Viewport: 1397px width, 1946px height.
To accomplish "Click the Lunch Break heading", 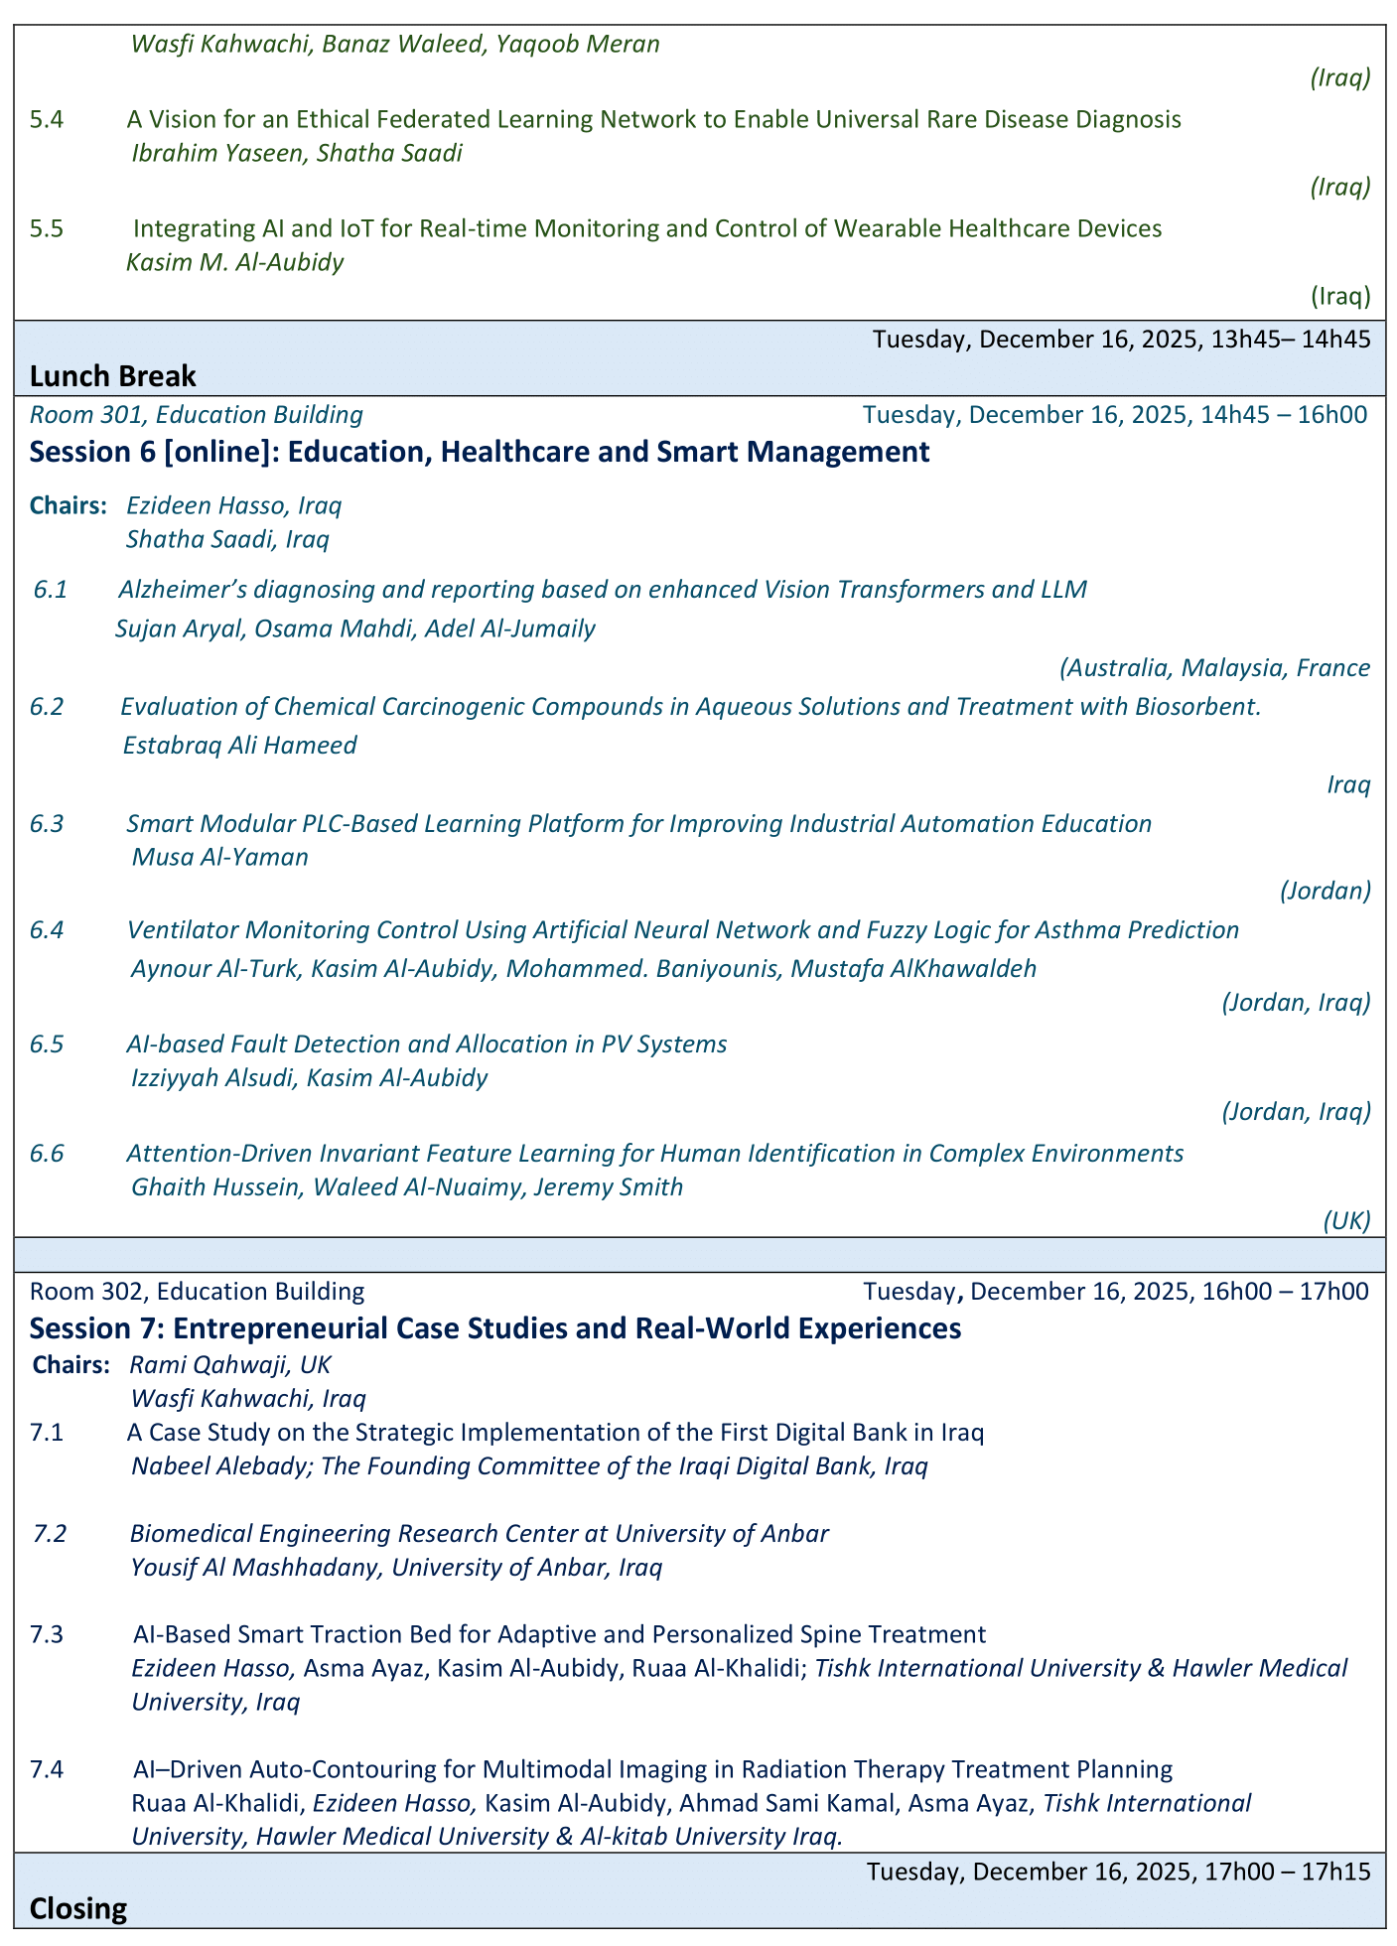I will (112, 376).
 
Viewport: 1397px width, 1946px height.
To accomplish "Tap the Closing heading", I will (78, 1908).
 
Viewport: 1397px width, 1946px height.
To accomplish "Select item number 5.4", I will (47, 120).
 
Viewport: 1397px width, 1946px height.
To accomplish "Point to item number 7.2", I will (50, 1533).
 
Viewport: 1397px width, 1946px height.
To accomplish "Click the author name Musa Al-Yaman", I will (219, 857).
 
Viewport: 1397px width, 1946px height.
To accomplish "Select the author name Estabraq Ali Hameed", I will (239, 745).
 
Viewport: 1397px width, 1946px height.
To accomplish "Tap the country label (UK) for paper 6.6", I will (1346, 1220).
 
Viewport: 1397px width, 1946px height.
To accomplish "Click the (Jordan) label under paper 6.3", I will (1326, 891).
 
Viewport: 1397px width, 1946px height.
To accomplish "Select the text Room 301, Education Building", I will (197, 415).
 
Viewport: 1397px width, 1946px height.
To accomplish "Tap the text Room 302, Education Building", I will (197, 1292).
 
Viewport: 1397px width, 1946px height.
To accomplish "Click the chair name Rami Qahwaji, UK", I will (230, 1365).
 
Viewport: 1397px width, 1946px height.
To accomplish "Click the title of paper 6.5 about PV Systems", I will (427, 1043).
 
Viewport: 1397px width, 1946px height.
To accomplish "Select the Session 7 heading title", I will (495, 1328).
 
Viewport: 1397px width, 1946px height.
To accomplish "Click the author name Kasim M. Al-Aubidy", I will (235, 263).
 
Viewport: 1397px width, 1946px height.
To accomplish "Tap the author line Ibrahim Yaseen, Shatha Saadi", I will (297, 154).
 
